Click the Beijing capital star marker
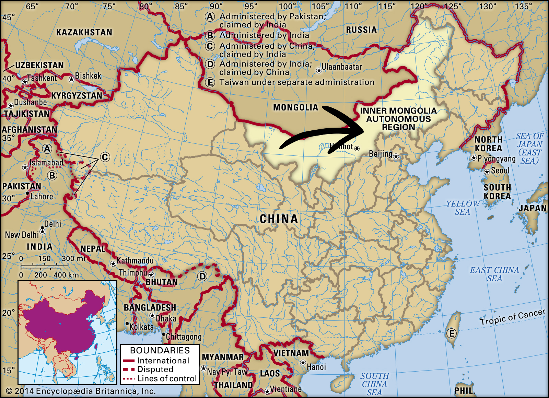[x=396, y=156]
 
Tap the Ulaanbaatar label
[x=341, y=67]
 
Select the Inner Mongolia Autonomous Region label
[x=398, y=119]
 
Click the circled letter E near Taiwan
[x=451, y=333]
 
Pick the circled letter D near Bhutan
[x=202, y=276]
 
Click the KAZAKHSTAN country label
[x=84, y=33]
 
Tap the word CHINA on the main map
[x=279, y=219]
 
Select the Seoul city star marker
[x=487, y=172]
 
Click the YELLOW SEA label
[x=463, y=208]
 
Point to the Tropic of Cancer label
[x=512, y=317]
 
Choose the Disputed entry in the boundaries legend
[x=155, y=370]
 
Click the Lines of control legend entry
[x=167, y=378]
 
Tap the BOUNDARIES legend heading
[x=160, y=350]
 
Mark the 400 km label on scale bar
[x=66, y=275]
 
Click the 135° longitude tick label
[x=523, y=7]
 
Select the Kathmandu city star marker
[x=113, y=264]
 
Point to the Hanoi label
[x=316, y=367]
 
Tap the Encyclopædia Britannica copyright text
[x=81, y=391]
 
